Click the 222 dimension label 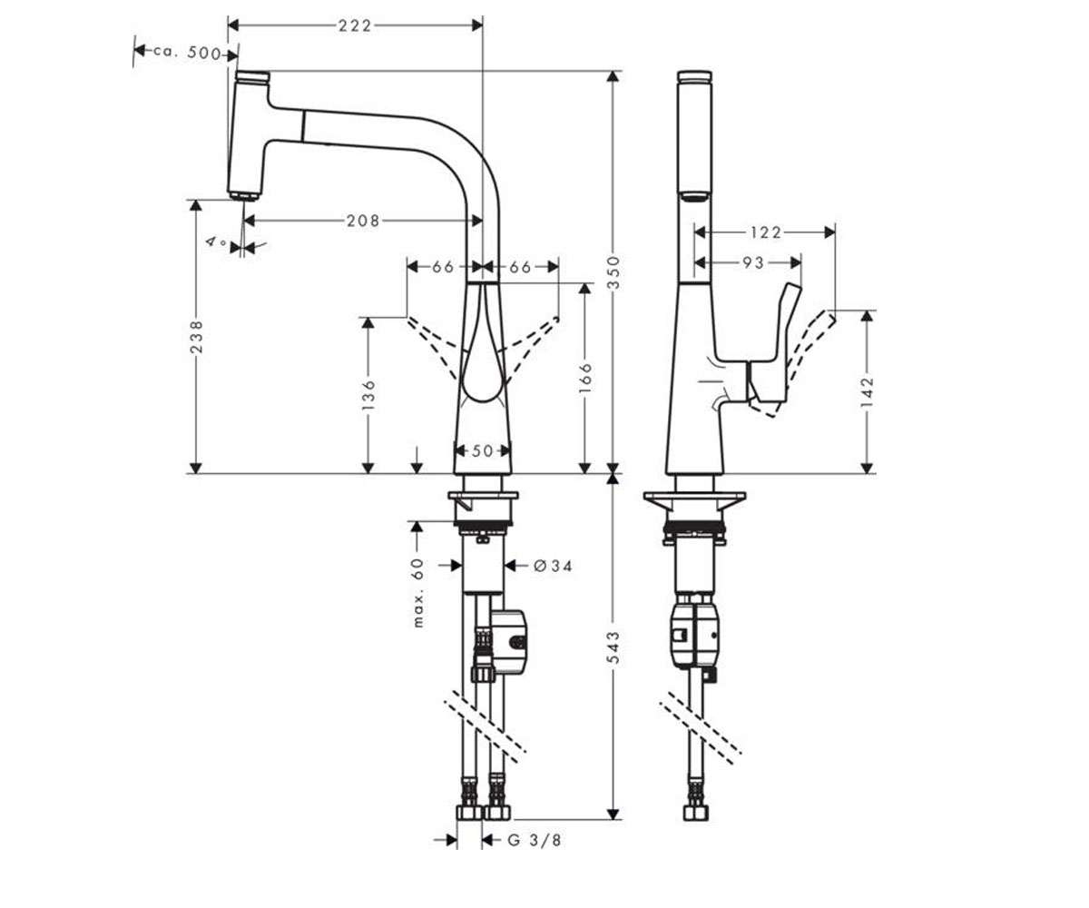[355, 25]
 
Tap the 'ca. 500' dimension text [187, 53]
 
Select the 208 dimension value [364, 221]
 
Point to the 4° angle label [216, 242]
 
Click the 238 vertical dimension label [197, 337]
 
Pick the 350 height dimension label [613, 272]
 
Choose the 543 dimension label [613, 647]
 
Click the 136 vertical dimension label [368, 394]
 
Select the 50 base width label [483, 451]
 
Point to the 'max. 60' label [418, 592]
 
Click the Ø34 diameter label [553, 565]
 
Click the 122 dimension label [765, 232]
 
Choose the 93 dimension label [753, 262]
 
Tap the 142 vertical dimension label [867, 392]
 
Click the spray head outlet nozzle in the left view [243, 196]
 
